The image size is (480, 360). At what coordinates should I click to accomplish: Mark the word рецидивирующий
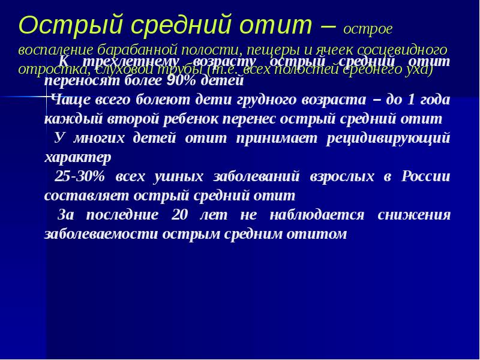388,138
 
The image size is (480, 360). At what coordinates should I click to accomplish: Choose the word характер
77,157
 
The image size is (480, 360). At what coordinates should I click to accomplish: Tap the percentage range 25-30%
79,176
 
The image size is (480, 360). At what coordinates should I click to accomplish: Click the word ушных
178,176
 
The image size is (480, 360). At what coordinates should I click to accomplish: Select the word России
426,176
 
